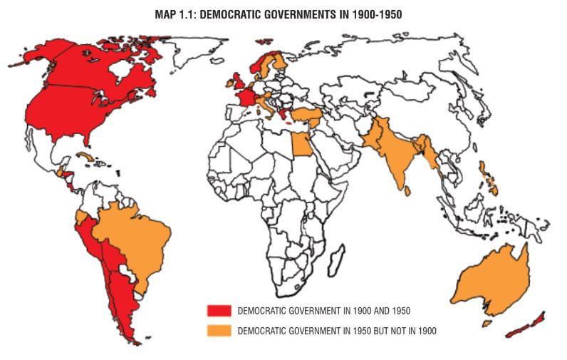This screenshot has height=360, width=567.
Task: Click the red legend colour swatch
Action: (219, 311)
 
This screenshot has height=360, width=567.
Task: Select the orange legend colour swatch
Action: (219, 330)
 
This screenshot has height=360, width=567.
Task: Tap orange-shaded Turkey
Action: (308, 115)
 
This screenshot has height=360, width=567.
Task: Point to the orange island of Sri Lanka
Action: (410, 191)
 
